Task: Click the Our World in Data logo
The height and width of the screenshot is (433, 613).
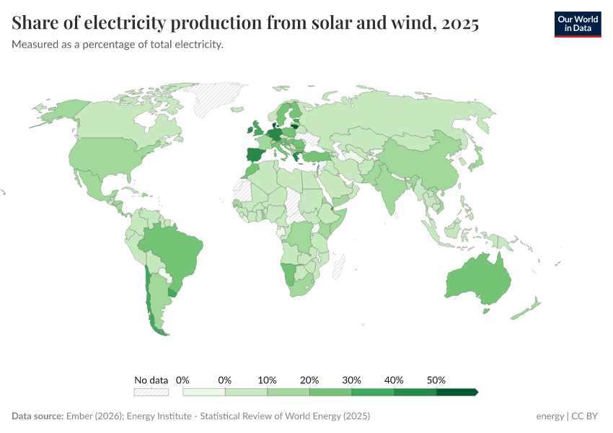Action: click(577, 24)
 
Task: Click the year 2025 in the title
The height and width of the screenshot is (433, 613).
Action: click(459, 24)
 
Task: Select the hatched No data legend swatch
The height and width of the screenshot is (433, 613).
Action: click(151, 392)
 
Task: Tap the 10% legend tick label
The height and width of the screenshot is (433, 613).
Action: click(268, 380)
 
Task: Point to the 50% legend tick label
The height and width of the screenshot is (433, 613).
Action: click(436, 380)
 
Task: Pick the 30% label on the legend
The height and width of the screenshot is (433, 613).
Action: click(352, 380)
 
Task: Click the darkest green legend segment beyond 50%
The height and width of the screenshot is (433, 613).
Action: click(457, 392)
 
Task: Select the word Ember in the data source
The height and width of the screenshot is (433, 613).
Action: click(79, 416)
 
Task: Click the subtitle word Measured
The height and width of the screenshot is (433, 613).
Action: click(35, 45)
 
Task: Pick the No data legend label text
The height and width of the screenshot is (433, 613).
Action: click(151, 380)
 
